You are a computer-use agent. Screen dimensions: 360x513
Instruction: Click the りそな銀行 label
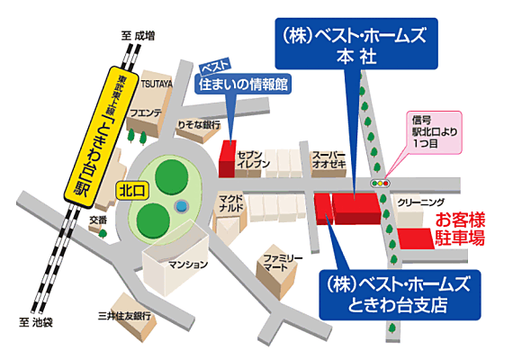click(198, 124)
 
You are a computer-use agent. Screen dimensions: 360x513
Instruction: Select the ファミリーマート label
click(280, 262)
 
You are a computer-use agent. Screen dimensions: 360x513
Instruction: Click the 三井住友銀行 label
click(125, 316)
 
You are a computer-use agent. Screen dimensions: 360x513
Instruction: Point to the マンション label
click(189, 265)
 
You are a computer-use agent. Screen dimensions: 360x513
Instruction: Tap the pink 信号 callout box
click(428, 134)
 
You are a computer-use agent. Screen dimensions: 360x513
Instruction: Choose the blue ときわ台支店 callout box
click(400, 293)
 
